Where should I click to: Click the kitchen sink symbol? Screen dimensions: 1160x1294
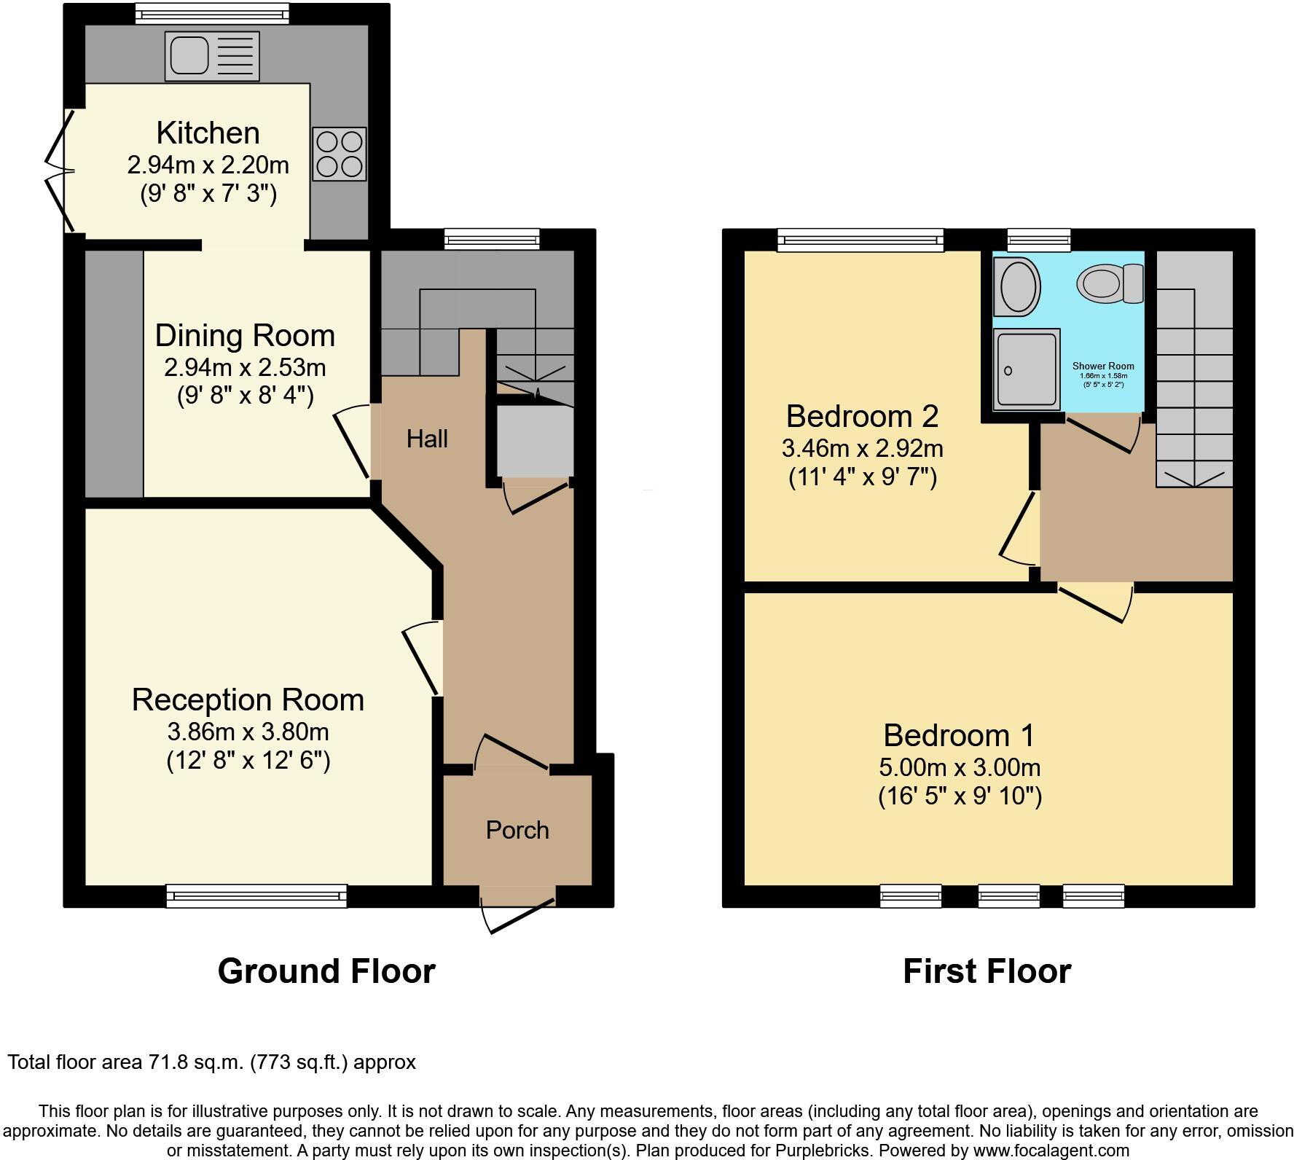pos(212,55)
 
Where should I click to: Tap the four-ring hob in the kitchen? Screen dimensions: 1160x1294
pos(340,154)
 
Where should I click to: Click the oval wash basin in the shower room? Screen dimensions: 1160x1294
pos(1018,286)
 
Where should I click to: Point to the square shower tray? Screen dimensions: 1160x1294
pos(1027,369)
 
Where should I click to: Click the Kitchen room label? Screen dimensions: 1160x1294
pos(208,133)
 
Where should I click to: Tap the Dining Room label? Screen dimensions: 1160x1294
pos(245,335)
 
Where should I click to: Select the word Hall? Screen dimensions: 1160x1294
pos(427,439)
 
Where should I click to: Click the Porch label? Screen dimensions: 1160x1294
pos(517,830)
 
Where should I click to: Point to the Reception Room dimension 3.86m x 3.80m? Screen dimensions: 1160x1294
pos(248,731)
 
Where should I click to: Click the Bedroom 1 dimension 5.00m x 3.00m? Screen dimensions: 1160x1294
pos(959,767)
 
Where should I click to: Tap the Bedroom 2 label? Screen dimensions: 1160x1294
pos(862,416)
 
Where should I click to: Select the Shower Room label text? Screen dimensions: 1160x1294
pos(1103,367)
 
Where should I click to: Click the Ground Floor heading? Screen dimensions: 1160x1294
pos(326,971)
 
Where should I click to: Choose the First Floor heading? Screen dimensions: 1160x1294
pos(987,971)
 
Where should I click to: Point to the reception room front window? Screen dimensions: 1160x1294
pos(256,896)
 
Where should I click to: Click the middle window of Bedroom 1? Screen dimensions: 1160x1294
pos(1008,896)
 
